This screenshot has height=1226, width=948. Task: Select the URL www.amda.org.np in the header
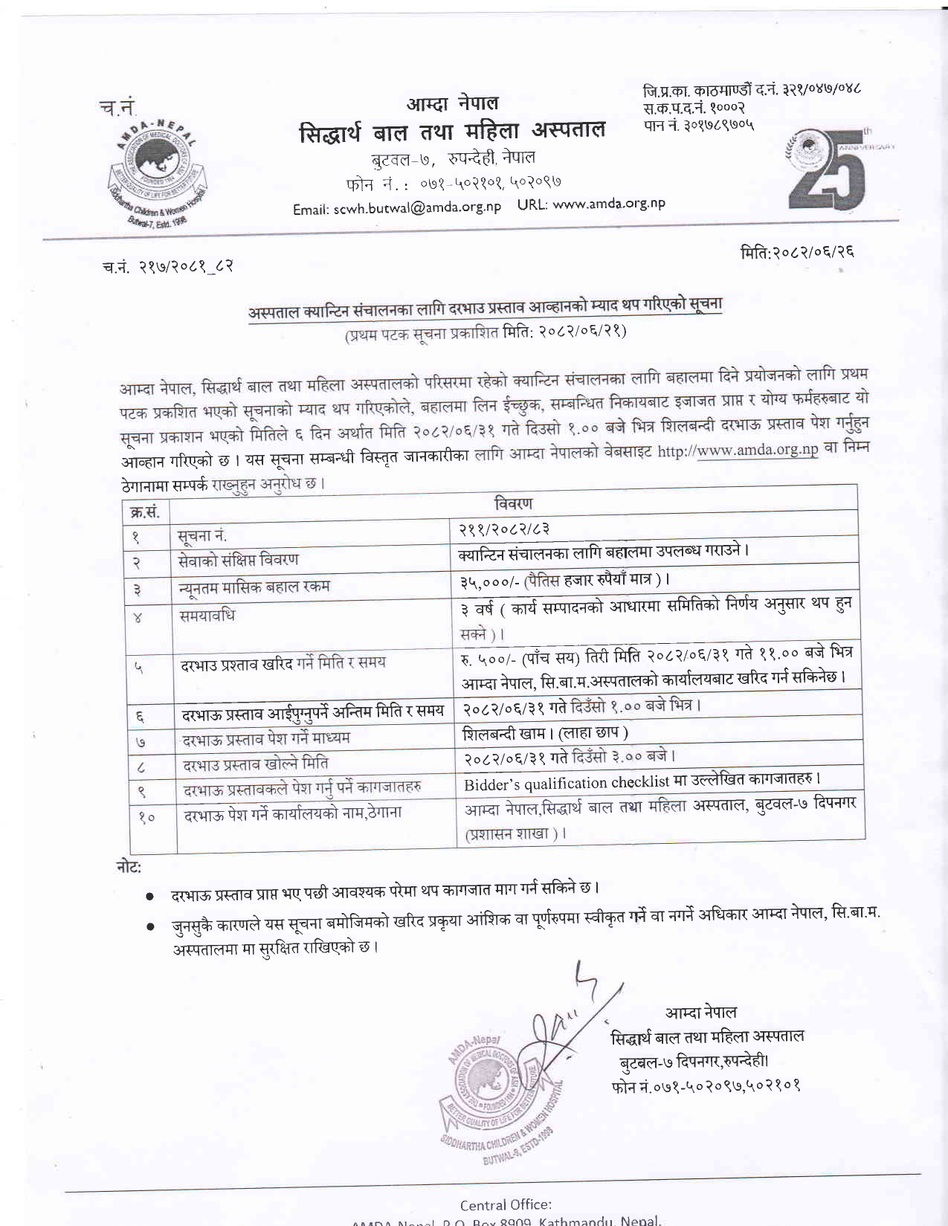tap(609, 203)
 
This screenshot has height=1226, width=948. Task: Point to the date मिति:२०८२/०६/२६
tap(797, 252)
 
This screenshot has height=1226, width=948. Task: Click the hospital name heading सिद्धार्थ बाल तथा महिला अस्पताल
tap(452, 132)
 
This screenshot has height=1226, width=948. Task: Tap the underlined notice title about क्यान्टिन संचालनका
tap(485, 307)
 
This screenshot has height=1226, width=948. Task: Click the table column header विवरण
tap(513, 503)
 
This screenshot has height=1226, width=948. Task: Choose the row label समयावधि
tap(207, 616)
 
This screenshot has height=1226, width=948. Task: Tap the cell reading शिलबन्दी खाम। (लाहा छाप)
tap(545, 733)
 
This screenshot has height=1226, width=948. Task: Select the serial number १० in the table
tap(146, 817)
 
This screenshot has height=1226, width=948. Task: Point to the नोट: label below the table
tap(129, 866)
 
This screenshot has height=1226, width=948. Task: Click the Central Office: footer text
tap(506, 1204)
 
